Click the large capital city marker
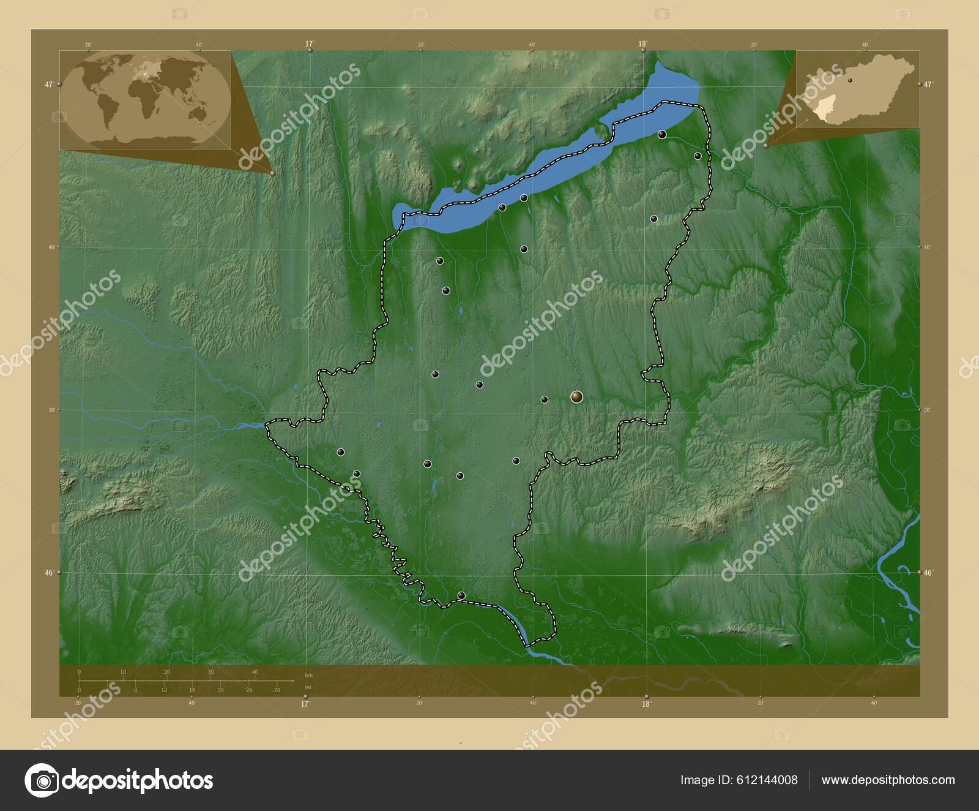[576, 398]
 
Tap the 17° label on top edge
[309, 43]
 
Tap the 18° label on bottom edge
[646, 704]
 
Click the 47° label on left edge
[48, 85]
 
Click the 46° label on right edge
[928, 572]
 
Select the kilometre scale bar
[184, 680]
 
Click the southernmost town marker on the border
[461, 595]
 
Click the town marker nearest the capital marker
[545, 399]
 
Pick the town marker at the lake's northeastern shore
[662, 134]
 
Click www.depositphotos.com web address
[888, 780]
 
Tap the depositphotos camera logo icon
[41, 780]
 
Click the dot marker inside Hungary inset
[850, 80]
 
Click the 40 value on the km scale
[255, 672]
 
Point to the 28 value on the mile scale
[277, 690]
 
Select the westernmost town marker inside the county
[340, 452]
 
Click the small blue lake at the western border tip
[251, 424]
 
